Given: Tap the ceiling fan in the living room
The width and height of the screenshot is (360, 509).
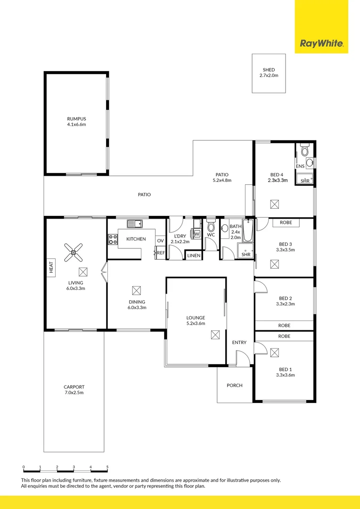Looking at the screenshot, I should click(74, 252).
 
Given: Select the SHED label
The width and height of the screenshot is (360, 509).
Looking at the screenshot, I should click(269, 70).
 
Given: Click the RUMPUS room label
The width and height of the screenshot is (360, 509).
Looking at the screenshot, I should click(76, 119).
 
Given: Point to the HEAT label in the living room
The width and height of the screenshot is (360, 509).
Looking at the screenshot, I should click(51, 267).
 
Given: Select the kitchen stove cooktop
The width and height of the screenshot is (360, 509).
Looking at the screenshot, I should click(113, 239).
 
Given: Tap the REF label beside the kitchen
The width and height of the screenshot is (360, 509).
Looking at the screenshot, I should click(161, 253).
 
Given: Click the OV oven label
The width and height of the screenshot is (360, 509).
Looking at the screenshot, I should click(160, 240).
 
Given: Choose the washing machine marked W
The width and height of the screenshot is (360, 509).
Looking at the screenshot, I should click(196, 234).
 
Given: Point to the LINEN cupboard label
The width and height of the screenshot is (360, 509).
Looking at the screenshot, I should click(194, 255).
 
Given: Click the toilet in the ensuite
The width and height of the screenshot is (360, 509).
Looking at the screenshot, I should click(304, 150).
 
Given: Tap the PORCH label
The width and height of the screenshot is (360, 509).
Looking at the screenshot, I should click(234, 385).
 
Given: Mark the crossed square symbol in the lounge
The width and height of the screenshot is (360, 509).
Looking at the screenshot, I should click(215, 335).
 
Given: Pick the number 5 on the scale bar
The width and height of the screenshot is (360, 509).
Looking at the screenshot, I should click(107, 467).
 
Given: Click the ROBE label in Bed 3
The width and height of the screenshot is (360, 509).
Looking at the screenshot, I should click(286, 222).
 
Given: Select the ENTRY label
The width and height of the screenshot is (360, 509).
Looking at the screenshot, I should click(239, 342).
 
